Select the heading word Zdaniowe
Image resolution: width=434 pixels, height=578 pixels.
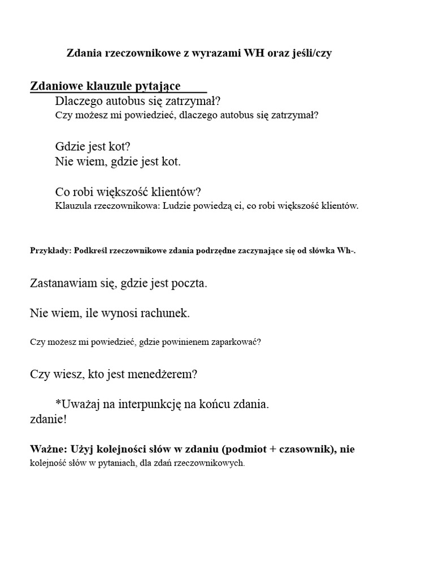57,86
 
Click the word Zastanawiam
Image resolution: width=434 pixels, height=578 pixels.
65,283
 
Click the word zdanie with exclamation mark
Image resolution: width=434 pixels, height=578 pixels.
48,420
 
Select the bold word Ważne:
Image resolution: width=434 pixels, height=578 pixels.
48,449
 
